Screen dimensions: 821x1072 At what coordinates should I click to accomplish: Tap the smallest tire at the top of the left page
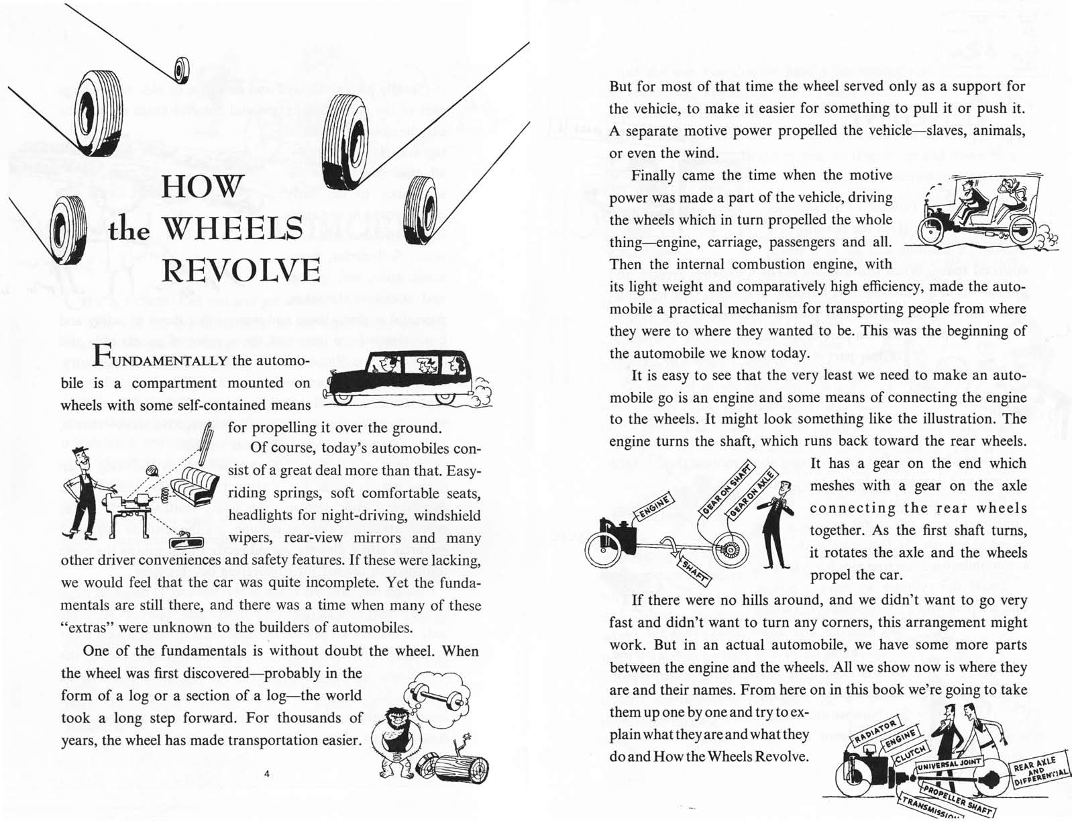point(181,68)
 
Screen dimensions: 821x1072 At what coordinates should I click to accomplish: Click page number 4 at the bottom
point(266,774)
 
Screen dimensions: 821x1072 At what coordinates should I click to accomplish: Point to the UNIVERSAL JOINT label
point(949,764)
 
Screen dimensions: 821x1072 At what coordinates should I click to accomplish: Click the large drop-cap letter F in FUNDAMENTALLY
point(101,355)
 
